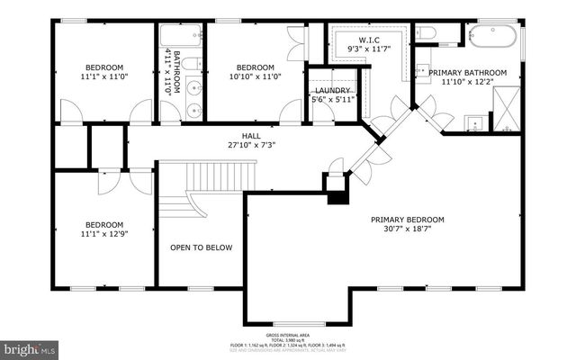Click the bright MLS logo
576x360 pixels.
click(30, 346)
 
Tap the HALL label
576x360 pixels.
click(238, 135)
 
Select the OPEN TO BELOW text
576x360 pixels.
click(202, 247)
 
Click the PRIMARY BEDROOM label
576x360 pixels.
click(408, 220)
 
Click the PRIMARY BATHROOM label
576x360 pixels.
click(467, 72)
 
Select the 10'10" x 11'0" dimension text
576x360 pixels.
click(256, 77)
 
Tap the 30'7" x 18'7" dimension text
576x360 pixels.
click(408, 230)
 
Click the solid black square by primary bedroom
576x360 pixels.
click(336, 197)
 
